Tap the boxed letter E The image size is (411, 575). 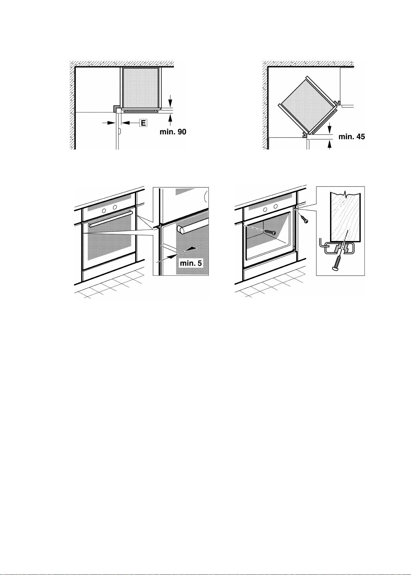click(x=143, y=123)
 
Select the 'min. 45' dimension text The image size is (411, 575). click(x=351, y=137)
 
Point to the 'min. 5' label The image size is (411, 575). click(x=191, y=263)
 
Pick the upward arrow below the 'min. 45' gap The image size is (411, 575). click(x=330, y=145)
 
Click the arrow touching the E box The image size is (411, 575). click(x=130, y=123)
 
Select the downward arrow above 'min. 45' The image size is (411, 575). click(x=330, y=128)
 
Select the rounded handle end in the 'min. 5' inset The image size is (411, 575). click(x=181, y=230)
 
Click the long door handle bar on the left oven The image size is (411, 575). click(x=110, y=215)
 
